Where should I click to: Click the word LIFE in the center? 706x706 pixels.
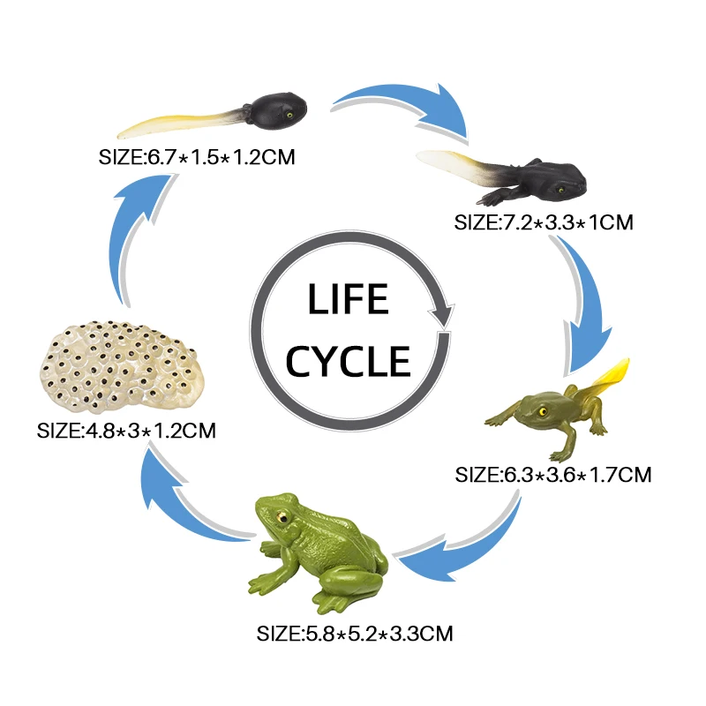[348, 300]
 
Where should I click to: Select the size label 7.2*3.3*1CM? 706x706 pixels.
[544, 222]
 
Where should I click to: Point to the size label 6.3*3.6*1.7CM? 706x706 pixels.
[553, 475]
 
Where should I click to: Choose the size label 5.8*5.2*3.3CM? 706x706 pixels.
[356, 633]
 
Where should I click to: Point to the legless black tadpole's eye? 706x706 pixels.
[289, 112]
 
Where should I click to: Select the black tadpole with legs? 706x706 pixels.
[512, 175]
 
